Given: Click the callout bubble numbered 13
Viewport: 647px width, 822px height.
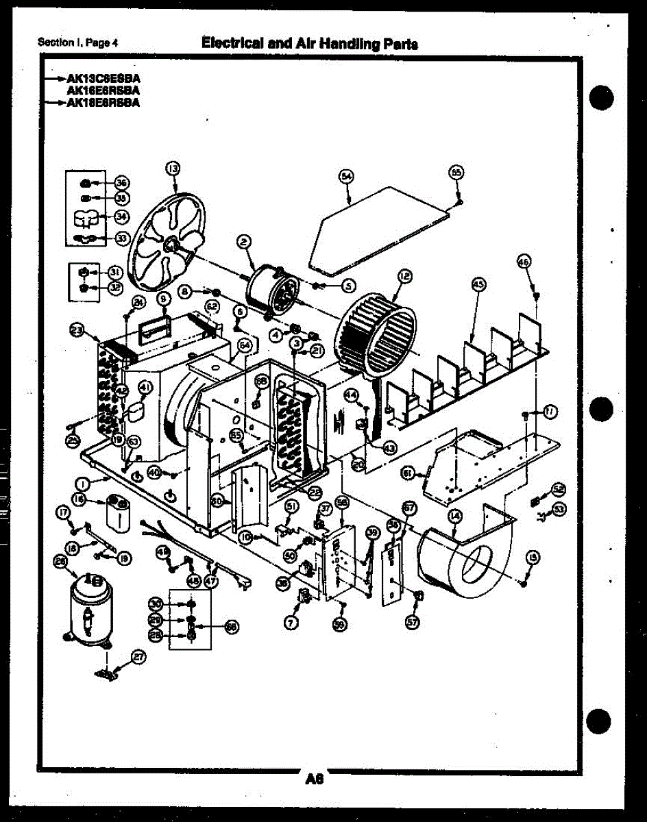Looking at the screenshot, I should coord(172,168).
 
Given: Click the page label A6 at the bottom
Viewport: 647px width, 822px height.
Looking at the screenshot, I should coord(315,778).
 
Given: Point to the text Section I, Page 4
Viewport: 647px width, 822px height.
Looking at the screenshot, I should coord(78,42).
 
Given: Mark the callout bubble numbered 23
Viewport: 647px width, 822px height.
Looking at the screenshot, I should coord(76,330).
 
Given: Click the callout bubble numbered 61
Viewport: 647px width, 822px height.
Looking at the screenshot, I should coord(407,473).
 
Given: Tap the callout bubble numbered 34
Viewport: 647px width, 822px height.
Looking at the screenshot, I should coord(121,217).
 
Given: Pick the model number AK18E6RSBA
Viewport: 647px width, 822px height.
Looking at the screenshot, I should coord(102,103).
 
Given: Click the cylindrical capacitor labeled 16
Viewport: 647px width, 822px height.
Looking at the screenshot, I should coord(118,514).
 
